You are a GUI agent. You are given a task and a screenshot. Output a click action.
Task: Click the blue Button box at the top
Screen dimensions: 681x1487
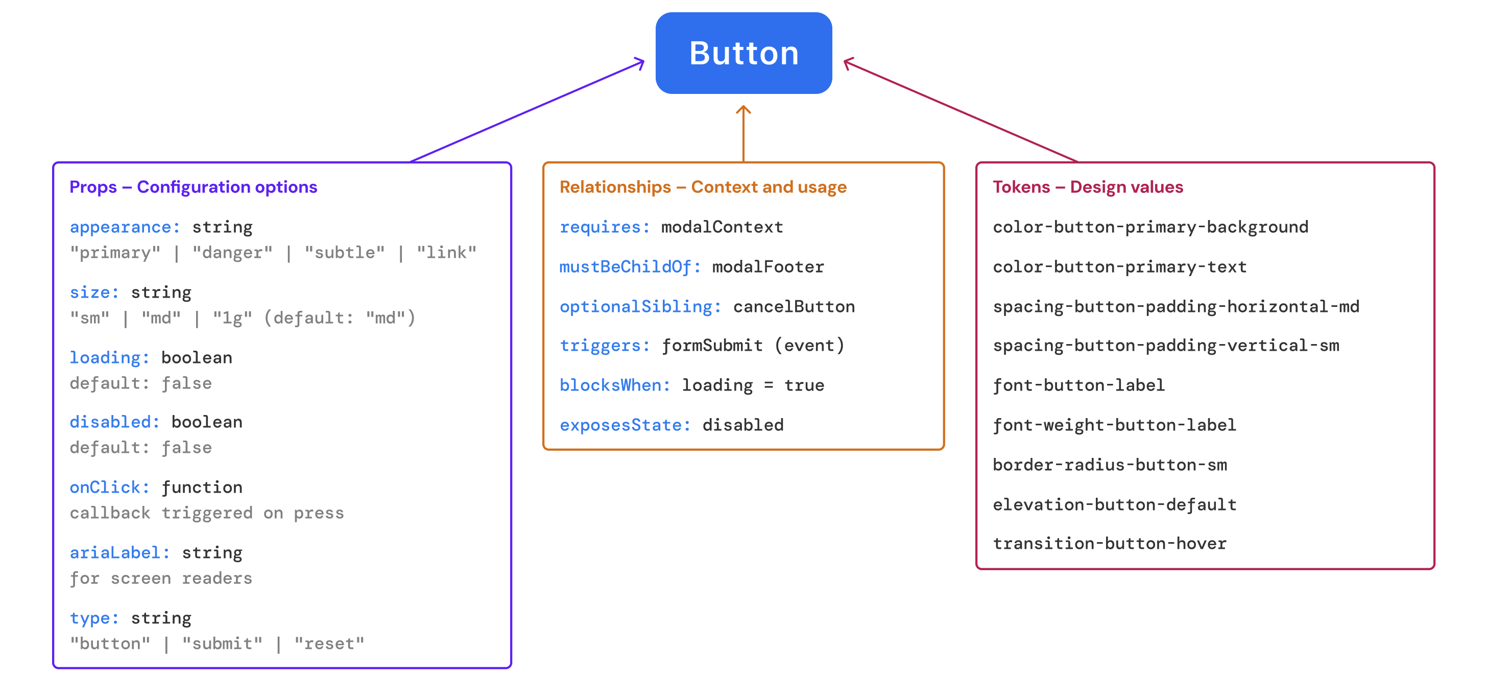coord(743,53)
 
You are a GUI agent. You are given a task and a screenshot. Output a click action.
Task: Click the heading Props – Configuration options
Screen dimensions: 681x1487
coord(193,187)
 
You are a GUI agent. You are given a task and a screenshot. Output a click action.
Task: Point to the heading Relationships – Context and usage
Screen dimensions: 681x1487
coord(703,187)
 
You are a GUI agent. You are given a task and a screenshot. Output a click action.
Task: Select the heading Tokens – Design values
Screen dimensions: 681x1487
coord(1088,187)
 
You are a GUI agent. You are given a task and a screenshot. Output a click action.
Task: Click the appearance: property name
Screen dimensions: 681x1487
coord(125,227)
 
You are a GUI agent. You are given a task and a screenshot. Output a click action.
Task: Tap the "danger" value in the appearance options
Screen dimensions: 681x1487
coord(232,253)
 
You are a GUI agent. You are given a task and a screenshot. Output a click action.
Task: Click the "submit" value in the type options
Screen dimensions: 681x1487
coord(222,644)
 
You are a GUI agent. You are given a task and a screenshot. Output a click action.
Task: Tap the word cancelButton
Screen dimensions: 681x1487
coord(794,307)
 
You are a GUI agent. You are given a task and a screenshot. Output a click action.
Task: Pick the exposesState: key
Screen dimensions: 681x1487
coord(625,425)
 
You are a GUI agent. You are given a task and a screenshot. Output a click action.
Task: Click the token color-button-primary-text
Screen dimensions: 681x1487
coord(1119,267)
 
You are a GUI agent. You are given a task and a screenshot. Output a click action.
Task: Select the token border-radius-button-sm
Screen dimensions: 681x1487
coord(1110,465)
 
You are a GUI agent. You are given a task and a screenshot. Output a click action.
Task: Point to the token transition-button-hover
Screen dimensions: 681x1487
coord(1110,544)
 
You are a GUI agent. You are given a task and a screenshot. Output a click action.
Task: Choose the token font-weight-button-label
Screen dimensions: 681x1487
coord(1114,425)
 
